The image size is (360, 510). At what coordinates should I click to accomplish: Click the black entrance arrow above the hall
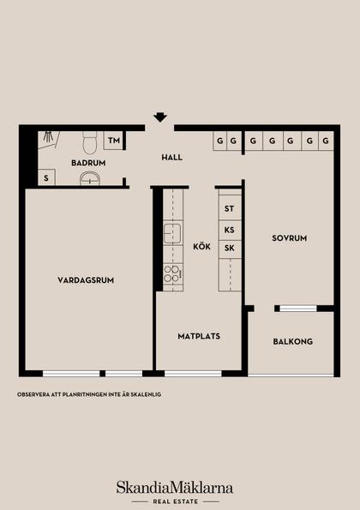pyautogui.click(x=160, y=117)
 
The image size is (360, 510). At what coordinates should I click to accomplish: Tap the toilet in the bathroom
pyautogui.click(x=89, y=143)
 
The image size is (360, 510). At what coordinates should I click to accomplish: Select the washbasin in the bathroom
pyautogui.click(x=89, y=178)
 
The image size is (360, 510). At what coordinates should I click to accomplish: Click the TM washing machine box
pyautogui.click(x=113, y=141)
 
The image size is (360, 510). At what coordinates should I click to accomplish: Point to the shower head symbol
pyautogui.click(x=49, y=136)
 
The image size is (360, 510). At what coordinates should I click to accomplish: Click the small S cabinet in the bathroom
pyautogui.click(x=46, y=177)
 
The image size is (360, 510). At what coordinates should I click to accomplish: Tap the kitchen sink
pyautogui.click(x=172, y=233)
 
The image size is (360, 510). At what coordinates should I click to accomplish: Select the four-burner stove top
pyautogui.click(x=171, y=274)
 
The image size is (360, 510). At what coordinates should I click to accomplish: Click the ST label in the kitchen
pyautogui.click(x=229, y=208)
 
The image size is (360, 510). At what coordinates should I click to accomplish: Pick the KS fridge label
pyautogui.click(x=229, y=230)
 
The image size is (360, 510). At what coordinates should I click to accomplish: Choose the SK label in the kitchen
pyautogui.click(x=229, y=248)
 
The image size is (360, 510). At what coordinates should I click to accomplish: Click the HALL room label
pyautogui.click(x=172, y=158)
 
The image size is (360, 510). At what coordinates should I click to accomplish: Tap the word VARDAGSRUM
pyautogui.click(x=86, y=280)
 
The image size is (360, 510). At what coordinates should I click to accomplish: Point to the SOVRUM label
pyautogui.click(x=290, y=238)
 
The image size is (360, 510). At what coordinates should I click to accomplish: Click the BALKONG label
pyautogui.click(x=293, y=341)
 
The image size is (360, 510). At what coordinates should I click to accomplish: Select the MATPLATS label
pyautogui.click(x=199, y=336)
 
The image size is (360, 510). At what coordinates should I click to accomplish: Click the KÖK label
pyautogui.click(x=201, y=246)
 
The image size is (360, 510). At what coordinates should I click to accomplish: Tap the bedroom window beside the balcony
pyautogui.click(x=298, y=309)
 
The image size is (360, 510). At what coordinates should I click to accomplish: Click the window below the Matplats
pyautogui.click(x=193, y=374)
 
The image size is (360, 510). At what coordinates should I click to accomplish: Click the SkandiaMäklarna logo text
pyautogui.click(x=175, y=488)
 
